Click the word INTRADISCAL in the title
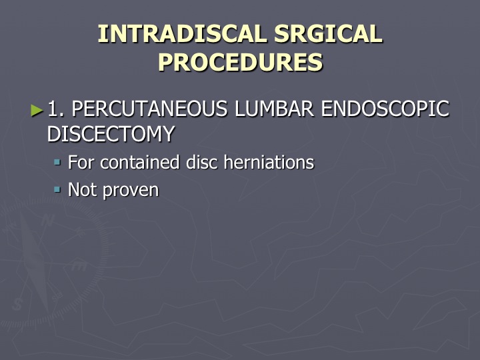182,33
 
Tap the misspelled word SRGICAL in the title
328,33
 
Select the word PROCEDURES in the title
240,62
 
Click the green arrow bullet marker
37,111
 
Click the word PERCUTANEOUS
149,109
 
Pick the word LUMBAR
274,109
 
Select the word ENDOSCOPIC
385,109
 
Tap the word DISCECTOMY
111,134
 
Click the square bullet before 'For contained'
57,161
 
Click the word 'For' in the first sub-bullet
81,162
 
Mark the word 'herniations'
269,162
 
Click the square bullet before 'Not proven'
57,189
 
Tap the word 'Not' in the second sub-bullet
82,189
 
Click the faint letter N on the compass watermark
47,221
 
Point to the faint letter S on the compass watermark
18,304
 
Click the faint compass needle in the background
35,263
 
